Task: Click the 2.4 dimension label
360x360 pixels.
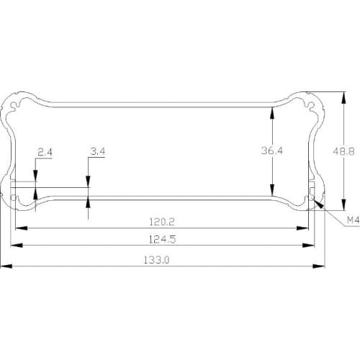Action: click(x=45, y=152)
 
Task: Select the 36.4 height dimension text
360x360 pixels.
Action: click(x=272, y=151)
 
